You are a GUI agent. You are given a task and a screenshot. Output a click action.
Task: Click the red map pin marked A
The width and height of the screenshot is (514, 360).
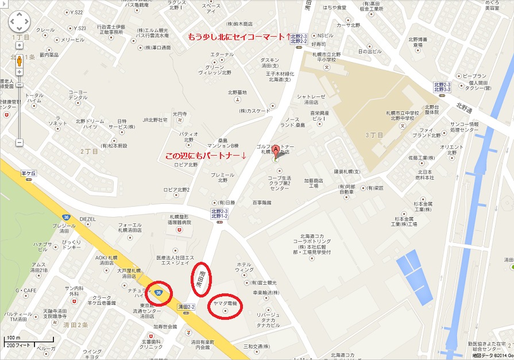tap(276, 151)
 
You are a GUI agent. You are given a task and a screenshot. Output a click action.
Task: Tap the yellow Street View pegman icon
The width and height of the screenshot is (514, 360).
tap(20, 60)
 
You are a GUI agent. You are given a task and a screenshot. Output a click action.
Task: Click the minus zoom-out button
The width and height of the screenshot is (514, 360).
tap(20, 141)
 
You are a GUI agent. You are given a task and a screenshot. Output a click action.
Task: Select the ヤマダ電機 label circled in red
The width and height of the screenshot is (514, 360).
tap(225, 302)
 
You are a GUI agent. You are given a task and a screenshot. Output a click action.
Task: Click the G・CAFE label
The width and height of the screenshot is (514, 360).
tap(25, 290)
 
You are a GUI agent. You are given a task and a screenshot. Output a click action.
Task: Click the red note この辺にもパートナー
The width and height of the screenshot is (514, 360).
tap(206, 156)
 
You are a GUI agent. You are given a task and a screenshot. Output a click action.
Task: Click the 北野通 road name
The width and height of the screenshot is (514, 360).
tap(464, 106)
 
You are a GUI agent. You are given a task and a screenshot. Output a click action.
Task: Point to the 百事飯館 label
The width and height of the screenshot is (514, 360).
tap(261, 202)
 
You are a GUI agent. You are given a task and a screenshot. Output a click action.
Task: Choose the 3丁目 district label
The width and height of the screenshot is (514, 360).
tap(374, 133)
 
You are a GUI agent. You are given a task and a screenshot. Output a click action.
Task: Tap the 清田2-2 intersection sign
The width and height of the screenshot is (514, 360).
tap(187, 307)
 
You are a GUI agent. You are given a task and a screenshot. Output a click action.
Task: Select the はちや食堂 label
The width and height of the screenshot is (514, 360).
tap(334, 7)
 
